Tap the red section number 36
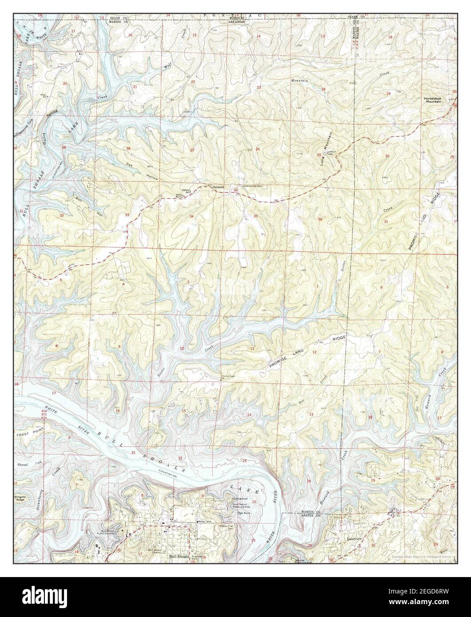pyautogui.click(x=319, y=219)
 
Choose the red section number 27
pyautogui.click(x=192, y=150)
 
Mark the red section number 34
pyautogui.click(x=192, y=216)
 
